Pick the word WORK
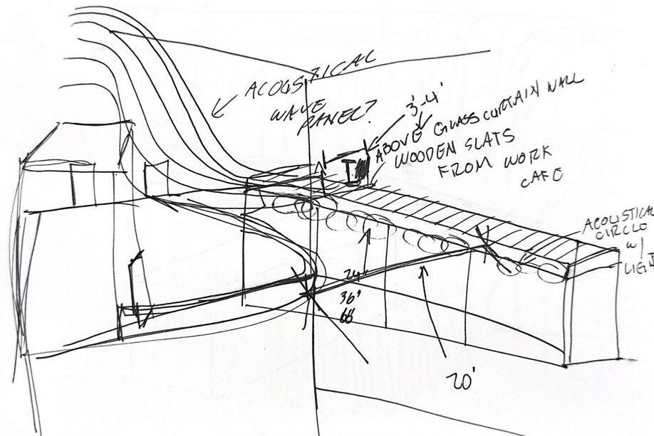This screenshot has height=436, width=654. coord(534,157)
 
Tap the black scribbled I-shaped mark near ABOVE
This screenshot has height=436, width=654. coord(354,171)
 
